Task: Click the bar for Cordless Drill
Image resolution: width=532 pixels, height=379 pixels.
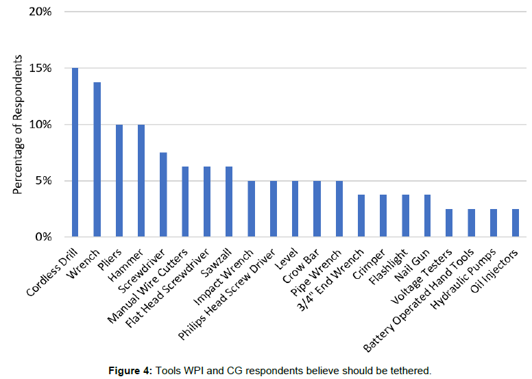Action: [x=75, y=153]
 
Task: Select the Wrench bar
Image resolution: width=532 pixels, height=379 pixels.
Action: [x=97, y=160]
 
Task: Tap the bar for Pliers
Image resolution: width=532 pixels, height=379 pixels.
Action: [x=119, y=181]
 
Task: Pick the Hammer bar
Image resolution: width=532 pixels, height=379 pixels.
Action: [x=141, y=181]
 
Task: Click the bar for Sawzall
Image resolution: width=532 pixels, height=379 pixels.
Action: [x=228, y=202]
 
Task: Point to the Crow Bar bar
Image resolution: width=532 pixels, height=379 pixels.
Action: [x=316, y=209]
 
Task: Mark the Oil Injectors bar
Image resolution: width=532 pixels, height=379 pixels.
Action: [x=515, y=223]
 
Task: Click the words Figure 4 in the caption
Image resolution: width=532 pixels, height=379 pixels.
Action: [x=130, y=371]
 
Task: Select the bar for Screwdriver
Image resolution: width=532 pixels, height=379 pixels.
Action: [x=162, y=195]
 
